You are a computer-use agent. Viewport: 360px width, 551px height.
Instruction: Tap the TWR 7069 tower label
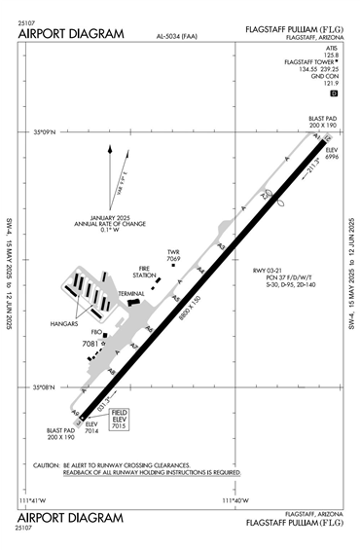click(x=174, y=256)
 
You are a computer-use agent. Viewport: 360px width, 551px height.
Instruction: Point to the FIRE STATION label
click(x=147, y=274)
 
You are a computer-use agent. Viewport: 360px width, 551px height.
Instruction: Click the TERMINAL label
click(x=131, y=293)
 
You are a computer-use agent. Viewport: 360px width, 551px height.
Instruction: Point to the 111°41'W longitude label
click(x=33, y=501)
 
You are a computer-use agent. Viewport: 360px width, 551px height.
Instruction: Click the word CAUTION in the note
click(x=47, y=465)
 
